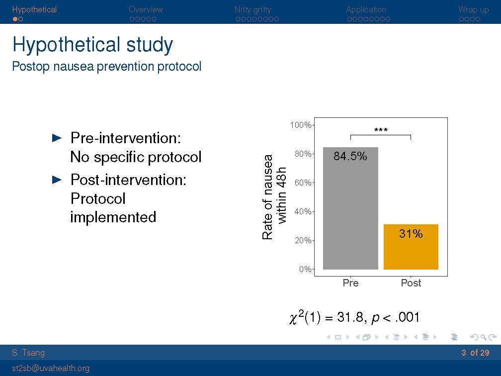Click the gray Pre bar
[350, 214]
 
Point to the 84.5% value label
[350, 156]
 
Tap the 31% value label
[411, 234]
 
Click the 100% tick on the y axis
[301, 125]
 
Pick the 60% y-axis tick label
[303, 183]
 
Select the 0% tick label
[305, 269]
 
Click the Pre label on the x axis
[350, 283]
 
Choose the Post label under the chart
[411, 283]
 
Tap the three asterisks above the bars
[381, 130]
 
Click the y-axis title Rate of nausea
[268, 196]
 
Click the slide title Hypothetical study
[92, 45]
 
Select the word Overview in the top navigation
[146, 9]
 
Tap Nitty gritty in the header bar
[253, 9]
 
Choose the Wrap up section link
[473, 9]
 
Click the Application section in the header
[366, 9]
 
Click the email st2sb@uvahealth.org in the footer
[51, 368]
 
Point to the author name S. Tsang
[28, 353]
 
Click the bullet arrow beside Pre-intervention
[57, 137]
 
